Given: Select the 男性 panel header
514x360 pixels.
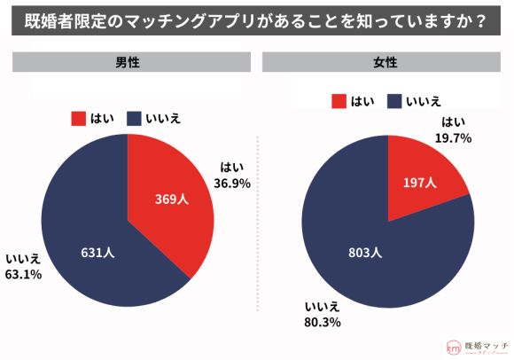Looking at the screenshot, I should click(x=128, y=63).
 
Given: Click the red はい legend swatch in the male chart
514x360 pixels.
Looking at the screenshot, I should click(x=77, y=118).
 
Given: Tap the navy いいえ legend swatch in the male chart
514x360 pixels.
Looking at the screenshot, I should click(x=135, y=118).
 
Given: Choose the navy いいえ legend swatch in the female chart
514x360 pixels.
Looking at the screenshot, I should click(x=393, y=101).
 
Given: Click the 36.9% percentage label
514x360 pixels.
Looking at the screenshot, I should click(x=233, y=184).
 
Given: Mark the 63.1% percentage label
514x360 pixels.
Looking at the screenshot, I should click(x=24, y=274).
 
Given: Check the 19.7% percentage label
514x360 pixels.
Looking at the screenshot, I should click(x=452, y=138).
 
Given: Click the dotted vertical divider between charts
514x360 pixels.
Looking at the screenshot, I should click(x=257, y=222).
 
